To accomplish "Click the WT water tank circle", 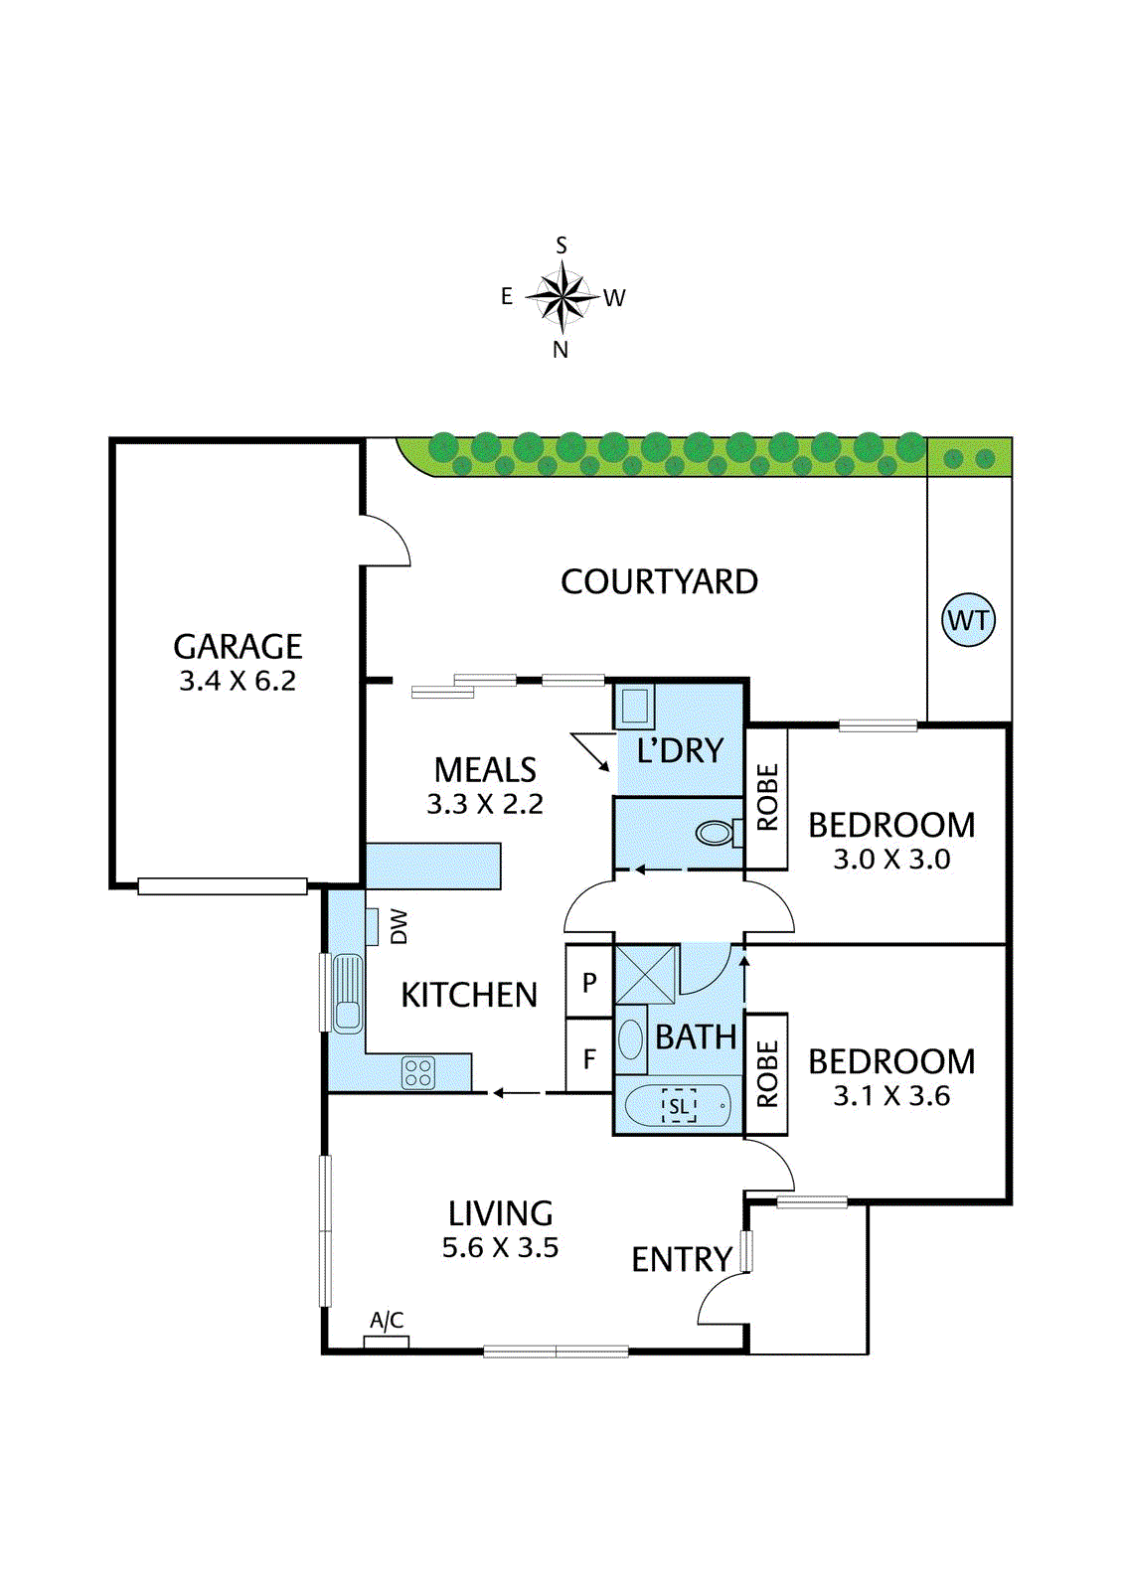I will coord(968,620).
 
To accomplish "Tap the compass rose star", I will coord(562,296).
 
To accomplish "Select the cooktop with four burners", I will coord(418,1072).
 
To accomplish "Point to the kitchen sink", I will coord(347,993).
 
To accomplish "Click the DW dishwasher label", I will coord(399,926).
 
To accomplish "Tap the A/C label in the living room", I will coord(387,1320).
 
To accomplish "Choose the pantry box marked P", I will coord(589,983).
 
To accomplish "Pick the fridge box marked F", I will coord(589,1059).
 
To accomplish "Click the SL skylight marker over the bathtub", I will coord(679,1106).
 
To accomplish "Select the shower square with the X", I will coord(646,974).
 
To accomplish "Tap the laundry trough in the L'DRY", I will coord(634,707).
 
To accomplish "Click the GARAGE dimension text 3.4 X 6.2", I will coord(238,681).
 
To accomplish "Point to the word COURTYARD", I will coord(659,581).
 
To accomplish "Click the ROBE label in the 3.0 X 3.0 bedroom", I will coord(767,797).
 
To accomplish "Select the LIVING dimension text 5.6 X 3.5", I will coord(500,1247).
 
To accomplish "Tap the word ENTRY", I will coord(682,1259).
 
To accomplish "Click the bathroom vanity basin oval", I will coord(631,1039).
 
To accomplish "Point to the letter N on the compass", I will coord(561,350).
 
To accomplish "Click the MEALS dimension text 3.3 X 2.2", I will coord(485,804).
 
